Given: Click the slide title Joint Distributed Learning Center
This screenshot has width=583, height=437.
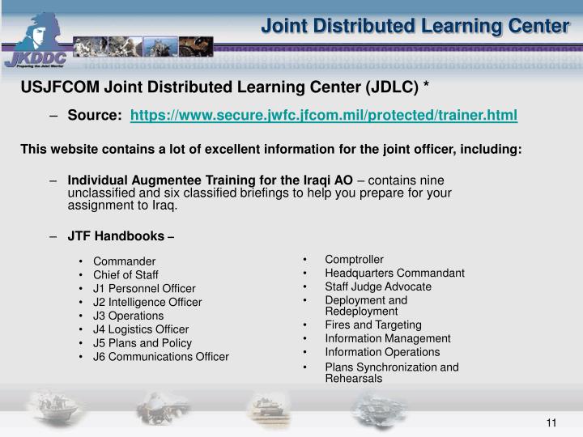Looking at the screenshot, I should [415, 26].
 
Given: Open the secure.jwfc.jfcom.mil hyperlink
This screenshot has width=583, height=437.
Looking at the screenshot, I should [323, 116].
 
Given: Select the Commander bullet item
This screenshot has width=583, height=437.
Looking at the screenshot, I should [124, 261].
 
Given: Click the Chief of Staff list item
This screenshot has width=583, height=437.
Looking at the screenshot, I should [125, 275].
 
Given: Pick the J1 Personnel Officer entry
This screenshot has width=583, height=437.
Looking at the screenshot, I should [143, 289].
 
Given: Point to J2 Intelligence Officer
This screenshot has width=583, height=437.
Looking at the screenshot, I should [147, 303].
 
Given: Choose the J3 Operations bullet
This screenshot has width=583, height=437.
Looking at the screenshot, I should [128, 316].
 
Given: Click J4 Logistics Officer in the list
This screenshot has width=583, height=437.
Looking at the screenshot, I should [141, 329].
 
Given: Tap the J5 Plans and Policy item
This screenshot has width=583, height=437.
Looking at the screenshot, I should [143, 343].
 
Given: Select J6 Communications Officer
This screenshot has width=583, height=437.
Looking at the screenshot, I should [160, 357].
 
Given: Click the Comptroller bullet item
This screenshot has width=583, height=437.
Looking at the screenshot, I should [354, 260].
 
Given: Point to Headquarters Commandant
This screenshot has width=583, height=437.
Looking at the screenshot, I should [394, 274].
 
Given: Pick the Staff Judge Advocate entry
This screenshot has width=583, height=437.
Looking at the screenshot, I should [378, 286].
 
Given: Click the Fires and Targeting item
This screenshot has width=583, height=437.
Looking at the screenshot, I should [372, 325].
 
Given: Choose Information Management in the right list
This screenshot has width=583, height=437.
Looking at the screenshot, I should [387, 338].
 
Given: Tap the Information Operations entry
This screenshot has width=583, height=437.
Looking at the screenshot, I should [382, 352].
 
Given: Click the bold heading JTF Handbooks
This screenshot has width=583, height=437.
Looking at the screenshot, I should [116, 236].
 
